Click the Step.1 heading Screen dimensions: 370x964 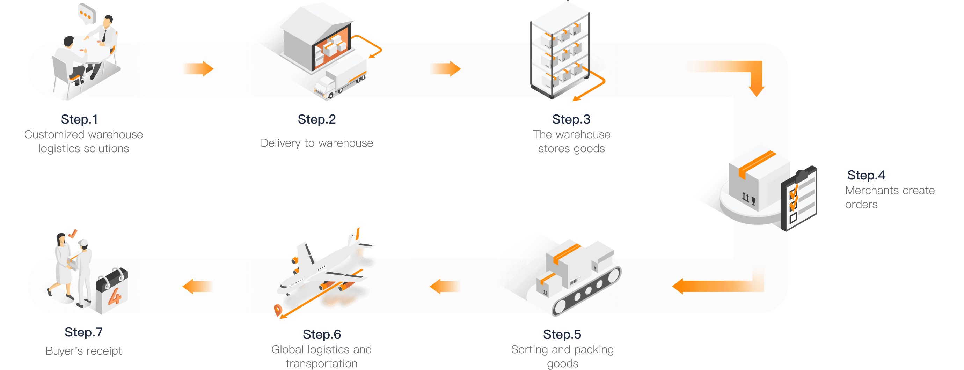click(x=79, y=119)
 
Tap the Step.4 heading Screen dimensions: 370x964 click(x=866, y=175)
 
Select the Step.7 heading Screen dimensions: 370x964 click(x=83, y=332)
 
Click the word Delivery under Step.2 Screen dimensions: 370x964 click(x=280, y=143)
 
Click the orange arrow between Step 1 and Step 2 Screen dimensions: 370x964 click(x=198, y=69)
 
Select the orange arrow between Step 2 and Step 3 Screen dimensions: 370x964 click(x=445, y=69)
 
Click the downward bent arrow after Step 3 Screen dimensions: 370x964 click(x=752, y=75)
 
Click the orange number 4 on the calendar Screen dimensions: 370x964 click(x=115, y=297)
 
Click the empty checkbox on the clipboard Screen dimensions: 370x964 click(x=793, y=218)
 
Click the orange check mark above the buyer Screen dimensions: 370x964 click(x=73, y=234)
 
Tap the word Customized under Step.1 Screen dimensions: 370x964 click(x=54, y=134)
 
